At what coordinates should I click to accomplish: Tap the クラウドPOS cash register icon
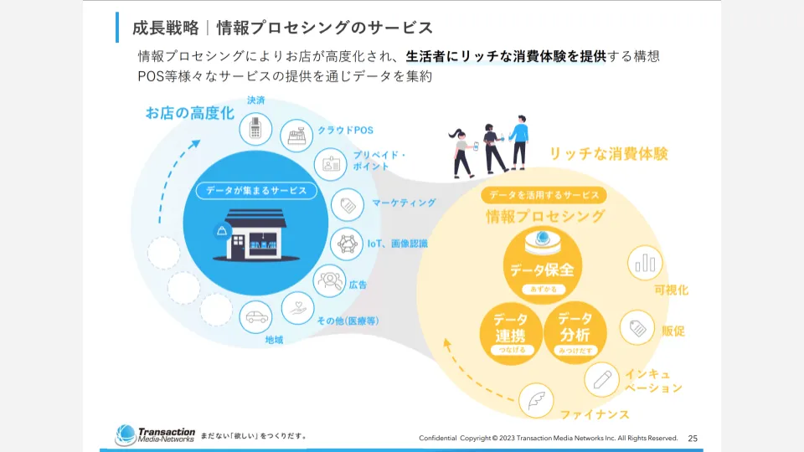pos(295,136)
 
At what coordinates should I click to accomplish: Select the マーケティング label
pos(404,203)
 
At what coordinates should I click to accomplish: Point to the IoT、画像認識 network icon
pos(348,244)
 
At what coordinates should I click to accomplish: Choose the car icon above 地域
pos(256,316)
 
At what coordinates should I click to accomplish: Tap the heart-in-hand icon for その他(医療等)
pos(297,308)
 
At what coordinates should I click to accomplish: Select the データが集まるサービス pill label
pos(256,190)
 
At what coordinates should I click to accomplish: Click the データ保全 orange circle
pos(542,264)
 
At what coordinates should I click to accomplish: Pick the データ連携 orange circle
pos(510,331)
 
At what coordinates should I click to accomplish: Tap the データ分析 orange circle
pos(575,331)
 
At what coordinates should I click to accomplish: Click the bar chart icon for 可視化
pos(644,263)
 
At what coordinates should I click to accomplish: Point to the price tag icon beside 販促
pos(637,327)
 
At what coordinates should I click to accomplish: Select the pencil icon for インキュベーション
pos(600,379)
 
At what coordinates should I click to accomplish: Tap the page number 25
pos(693,438)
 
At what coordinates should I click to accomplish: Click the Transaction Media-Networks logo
pos(156,434)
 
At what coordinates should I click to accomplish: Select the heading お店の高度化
pos(190,112)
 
